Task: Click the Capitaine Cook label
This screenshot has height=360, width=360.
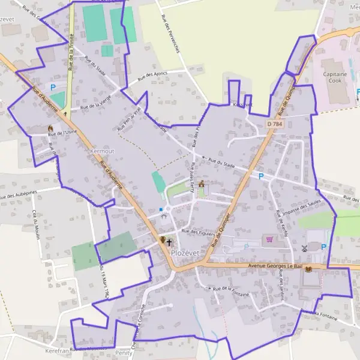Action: pyautogui.click(x=338, y=77)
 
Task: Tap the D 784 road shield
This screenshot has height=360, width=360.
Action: pyautogui.click(x=274, y=124)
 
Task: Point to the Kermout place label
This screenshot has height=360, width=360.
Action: pyautogui.click(x=101, y=151)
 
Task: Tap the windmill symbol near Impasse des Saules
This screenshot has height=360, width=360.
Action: pyautogui.click(x=304, y=247)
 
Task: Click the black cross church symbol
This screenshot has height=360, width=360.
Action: pyautogui.click(x=170, y=242)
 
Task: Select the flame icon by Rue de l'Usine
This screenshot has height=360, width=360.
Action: pyautogui.click(x=50, y=128)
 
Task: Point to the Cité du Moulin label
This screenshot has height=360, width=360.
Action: pyautogui.click(x=36, y=223)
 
